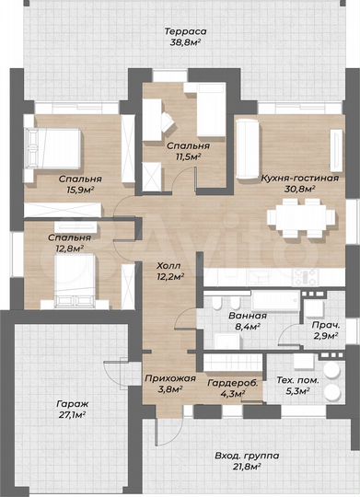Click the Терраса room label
[x=187, y=31]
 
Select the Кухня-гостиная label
[x=294, y=179]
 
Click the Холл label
[x=168, y=265]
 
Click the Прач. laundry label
[x=325, y=326]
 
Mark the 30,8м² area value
[x=294, y=190]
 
